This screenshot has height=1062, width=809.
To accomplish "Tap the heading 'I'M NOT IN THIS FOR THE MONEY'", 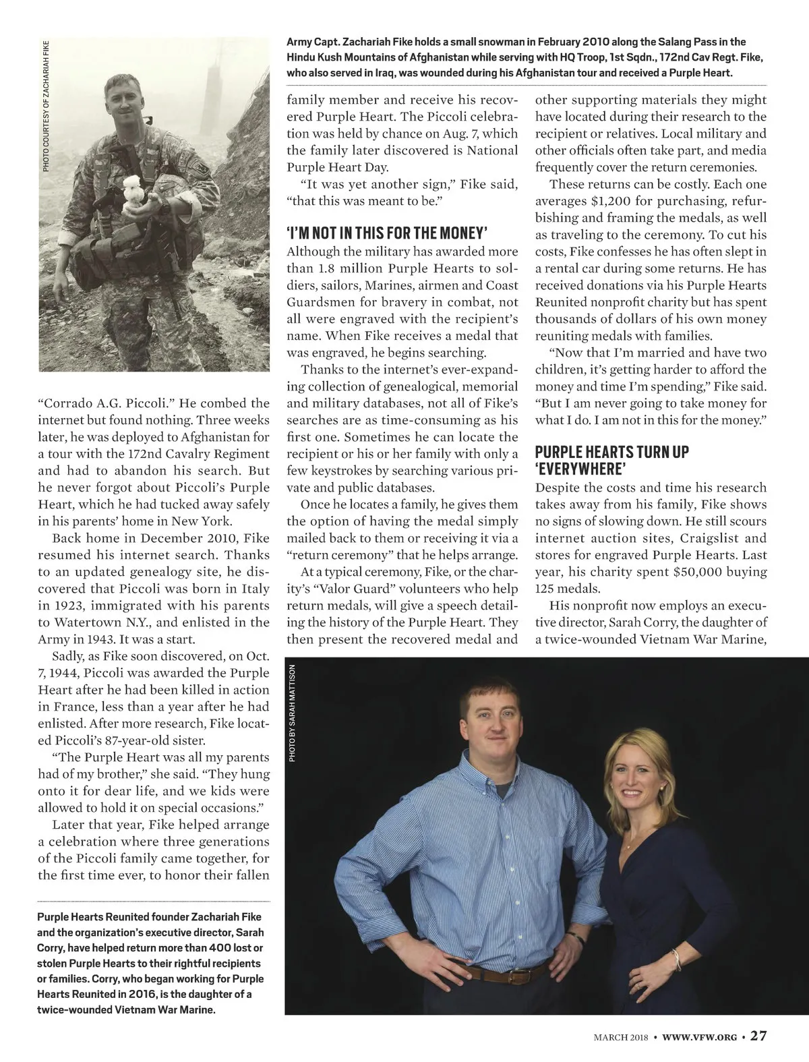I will tap(386, 233).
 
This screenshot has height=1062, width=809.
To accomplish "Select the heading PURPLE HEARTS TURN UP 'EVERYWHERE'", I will tap(612, 460).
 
